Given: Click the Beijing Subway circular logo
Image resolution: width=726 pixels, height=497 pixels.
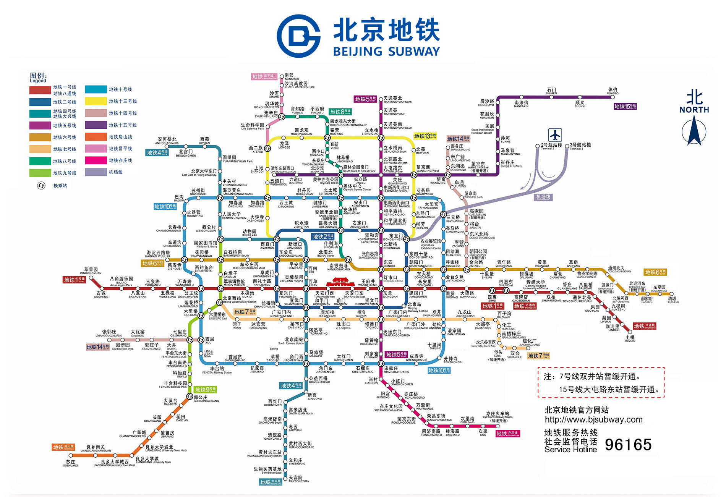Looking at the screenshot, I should (298, 36).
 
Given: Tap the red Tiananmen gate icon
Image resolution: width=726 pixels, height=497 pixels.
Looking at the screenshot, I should (340, 282).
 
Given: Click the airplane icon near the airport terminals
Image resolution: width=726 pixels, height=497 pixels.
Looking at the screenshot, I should (555, 135).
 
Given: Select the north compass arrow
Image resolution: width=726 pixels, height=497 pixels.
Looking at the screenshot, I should (694, 130).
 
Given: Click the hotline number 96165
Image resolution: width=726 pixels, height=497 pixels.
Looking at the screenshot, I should (628, 444).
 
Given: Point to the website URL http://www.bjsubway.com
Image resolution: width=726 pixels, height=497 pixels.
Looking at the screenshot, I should (593, 419).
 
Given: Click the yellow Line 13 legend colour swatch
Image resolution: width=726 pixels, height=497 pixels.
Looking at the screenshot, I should (96, 101).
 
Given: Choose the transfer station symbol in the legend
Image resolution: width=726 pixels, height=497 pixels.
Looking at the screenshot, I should (41, 186).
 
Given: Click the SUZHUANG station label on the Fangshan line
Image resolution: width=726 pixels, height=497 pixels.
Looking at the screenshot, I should (70, 463).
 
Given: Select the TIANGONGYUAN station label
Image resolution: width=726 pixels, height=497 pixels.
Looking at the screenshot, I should (298, 479).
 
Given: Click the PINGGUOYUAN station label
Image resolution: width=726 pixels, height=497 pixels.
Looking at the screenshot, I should (91, 271).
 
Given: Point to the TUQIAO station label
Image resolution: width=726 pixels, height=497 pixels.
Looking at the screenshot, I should (630, 339).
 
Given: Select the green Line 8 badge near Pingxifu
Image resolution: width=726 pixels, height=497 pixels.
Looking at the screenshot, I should (340, 112).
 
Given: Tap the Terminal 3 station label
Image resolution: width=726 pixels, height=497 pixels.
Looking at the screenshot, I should (580, 146).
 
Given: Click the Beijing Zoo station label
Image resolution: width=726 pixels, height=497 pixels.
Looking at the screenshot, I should (250, 233).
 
